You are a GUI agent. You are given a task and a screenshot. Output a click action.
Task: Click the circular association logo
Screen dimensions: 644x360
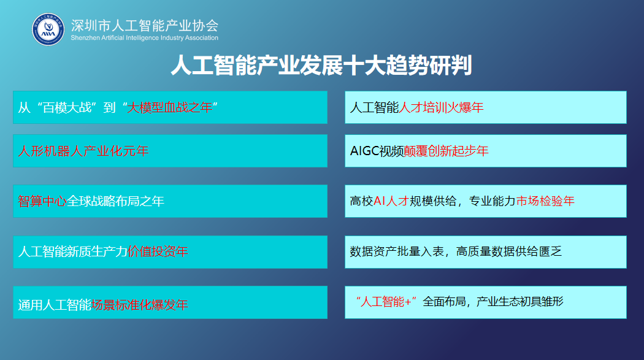pyautogui.click(x=48, y=29)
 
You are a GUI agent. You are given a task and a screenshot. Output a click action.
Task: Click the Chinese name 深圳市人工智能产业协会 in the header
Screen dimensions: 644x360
pyautogui.click(x=145, y=25)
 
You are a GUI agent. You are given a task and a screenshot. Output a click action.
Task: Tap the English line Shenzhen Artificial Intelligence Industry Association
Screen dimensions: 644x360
pyautogui.click(x=145, y=38)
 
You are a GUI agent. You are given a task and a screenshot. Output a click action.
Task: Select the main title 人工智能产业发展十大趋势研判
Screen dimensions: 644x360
pyautogui.click(x=321, y=65)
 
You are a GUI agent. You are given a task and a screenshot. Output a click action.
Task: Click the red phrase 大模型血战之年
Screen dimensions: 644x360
pyautogui.click(x=170, y=107)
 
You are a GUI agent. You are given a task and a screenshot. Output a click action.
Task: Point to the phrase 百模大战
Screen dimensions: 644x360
pyautogui.click(x=67, y=107)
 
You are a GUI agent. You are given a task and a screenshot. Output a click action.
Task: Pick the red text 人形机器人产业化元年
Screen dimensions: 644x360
pyautogui.click(x=83, y=151)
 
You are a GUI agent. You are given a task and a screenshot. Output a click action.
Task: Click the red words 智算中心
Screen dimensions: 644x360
pyautogui.click(x=42, y=201)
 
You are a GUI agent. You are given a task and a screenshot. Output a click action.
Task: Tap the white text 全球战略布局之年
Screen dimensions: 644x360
pyautogui.click(x=115, y=201)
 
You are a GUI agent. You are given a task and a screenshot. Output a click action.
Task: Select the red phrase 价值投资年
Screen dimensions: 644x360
pyautogui.click(x=158, y=251)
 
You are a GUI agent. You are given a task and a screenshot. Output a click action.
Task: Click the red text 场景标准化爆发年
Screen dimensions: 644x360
pyautogui.click(x=140, y=305)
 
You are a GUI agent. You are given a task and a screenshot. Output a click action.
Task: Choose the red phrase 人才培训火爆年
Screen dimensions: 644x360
pyautogui.click(x=441, y=107)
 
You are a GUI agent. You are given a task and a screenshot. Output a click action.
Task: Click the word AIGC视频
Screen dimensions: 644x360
pyautogui.click(x=377, y=151)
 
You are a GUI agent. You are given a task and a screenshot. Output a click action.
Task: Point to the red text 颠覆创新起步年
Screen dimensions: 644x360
pyautogui.click(x=446, y=151)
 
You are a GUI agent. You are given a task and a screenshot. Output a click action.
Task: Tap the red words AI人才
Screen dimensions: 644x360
pyautogui.click(x=391, y=201)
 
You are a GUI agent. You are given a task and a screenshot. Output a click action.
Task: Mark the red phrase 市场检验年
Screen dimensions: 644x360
pyautogui.click(x=545, y=201)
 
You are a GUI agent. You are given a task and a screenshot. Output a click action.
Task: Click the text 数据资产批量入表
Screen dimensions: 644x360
pyautogui.click(x=397, y=251)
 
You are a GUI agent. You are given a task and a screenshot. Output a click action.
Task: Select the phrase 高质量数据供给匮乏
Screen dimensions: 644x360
pyautogui.click(x=509, y=251)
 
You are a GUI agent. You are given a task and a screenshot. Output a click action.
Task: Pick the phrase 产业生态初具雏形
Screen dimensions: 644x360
pyautogui.click(x=520, y=302)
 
